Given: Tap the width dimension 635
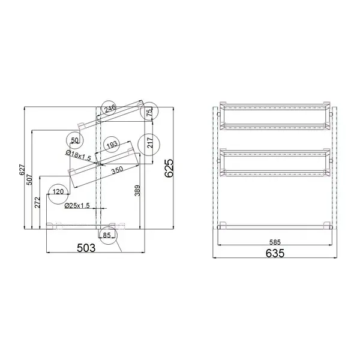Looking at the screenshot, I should coord(274,253).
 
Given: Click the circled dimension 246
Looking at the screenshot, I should coord(109,109).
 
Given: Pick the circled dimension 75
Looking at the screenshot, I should coord(149,112).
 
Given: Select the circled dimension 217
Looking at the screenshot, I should coord(149,143).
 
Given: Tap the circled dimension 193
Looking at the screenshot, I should coord(111,145).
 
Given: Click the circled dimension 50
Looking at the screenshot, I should coord(75,140).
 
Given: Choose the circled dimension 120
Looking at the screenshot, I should coord(58,191).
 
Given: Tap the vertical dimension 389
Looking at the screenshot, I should coord(137,191).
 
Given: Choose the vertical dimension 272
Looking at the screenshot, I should coord(37,203).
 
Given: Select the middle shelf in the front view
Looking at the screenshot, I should coord(275,162).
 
